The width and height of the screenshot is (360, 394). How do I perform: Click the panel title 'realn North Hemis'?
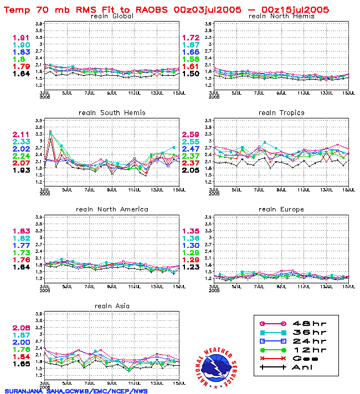281,16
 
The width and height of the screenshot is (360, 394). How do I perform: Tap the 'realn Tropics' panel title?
281,112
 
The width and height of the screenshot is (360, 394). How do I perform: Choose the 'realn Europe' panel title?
281,209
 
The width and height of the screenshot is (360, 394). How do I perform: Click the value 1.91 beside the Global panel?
21,38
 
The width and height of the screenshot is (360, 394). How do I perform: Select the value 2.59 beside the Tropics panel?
191,134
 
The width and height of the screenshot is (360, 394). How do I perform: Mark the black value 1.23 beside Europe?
191,267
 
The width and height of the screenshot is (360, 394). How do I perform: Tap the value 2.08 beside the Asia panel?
21,328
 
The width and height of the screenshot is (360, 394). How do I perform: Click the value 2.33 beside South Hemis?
21,142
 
